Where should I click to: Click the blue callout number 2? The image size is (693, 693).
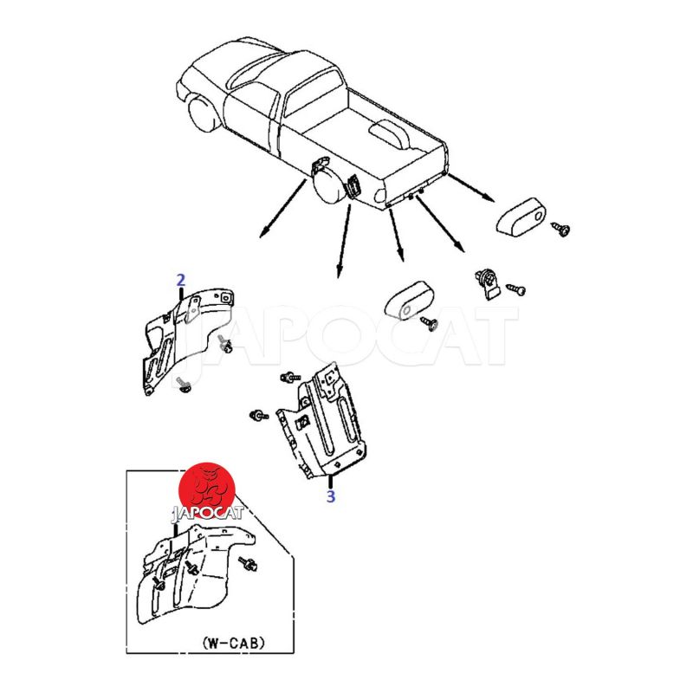pyautogui.click(x=180, y=280)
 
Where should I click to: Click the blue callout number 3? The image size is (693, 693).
pyautogui.click(x=331, y=495)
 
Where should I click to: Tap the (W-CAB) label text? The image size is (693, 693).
pyautogui.click(x=234, y=642)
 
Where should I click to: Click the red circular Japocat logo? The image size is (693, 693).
pyautogui.click(x=207, y=490)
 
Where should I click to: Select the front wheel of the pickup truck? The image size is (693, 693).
pyautogui.click(x=203, y=113)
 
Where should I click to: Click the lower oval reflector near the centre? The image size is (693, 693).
pyautogui.click(x=410, y=300)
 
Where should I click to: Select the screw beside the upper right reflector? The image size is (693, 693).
pyautogui.click(x=560, y=229)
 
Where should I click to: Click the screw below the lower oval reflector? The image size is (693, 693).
pyautogui.click(x=430, y=323)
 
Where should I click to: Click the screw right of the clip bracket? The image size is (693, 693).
pyautogui.click(x=515, y=288)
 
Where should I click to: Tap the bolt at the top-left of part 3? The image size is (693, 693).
pyautogui.click(x=291, y=378)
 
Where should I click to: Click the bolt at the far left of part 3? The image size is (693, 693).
pyautogui.click(x=259, y=415)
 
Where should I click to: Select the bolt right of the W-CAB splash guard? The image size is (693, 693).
pyautogui.click(x=249, y=564)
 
